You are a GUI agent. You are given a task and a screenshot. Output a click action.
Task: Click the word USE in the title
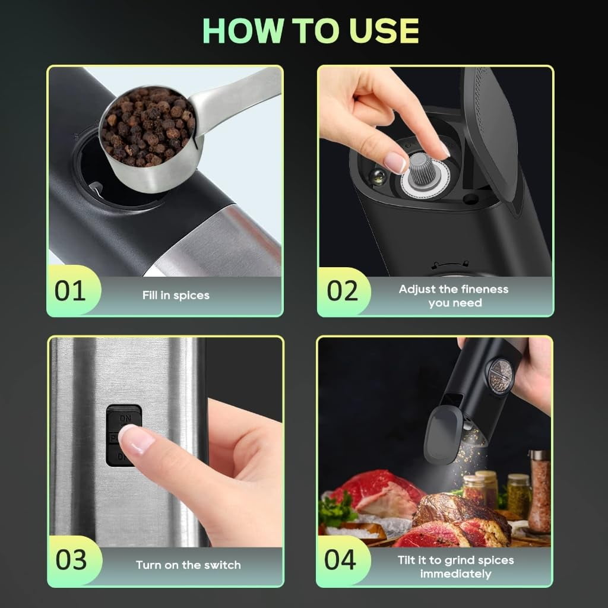point(384,31)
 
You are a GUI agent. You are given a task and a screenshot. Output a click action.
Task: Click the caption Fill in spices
point(176,296)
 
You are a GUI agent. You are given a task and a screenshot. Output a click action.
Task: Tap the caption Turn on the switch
point(188,565)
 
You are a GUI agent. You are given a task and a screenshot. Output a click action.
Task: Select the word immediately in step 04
point(455,574)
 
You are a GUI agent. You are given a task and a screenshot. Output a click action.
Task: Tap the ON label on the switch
point(125,419)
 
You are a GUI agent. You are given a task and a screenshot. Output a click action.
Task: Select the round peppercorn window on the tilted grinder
point(500,375)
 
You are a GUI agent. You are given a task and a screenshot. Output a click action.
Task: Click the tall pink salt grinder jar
point(539,491)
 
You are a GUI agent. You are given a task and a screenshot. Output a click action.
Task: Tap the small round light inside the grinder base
point(376,177)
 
